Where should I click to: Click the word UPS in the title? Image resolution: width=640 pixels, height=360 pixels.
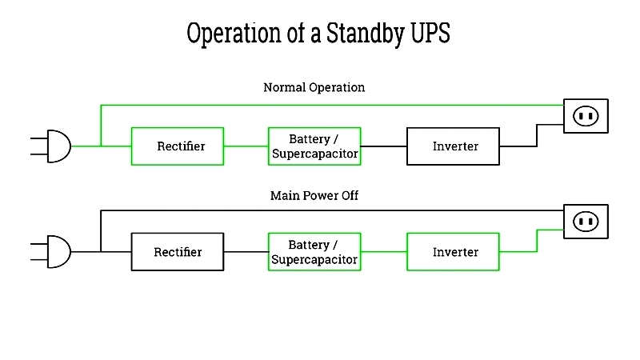430,33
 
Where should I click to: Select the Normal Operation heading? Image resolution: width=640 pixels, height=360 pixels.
314,87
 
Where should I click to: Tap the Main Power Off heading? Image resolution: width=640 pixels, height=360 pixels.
314,195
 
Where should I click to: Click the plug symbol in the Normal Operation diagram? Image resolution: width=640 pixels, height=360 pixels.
50,146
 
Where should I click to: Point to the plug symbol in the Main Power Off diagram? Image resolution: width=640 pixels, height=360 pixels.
50,251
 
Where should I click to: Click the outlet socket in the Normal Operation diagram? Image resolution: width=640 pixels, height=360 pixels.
586,116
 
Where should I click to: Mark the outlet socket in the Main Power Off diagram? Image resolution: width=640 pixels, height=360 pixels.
586,222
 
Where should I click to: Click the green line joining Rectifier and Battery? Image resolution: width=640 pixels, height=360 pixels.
246,146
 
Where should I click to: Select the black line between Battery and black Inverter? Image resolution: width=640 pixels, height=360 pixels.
384,146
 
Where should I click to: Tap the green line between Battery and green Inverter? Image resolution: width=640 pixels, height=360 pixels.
384,252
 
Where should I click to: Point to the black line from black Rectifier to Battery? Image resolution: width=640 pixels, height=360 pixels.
246,252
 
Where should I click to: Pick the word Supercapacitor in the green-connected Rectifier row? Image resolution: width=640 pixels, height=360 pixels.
314,154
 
